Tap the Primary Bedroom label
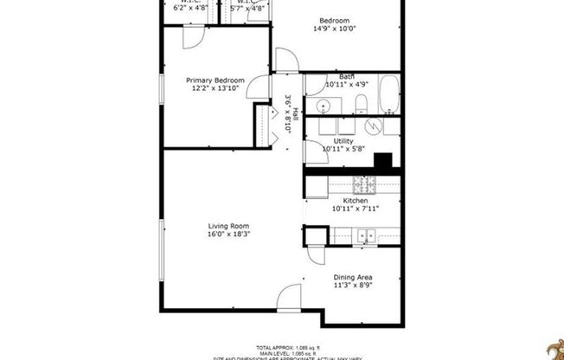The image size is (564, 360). coord(215,80)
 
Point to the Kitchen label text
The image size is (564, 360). coord(356,200)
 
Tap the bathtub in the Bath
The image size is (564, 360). coord(390,94)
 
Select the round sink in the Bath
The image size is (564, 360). coord(323,105)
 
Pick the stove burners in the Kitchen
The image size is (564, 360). coord(364,183)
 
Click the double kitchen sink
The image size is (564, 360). coord(367,235)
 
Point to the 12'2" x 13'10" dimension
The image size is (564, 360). coord(215,89)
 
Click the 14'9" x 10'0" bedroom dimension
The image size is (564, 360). coord(335,29)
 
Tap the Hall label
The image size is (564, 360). coord(295,112)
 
